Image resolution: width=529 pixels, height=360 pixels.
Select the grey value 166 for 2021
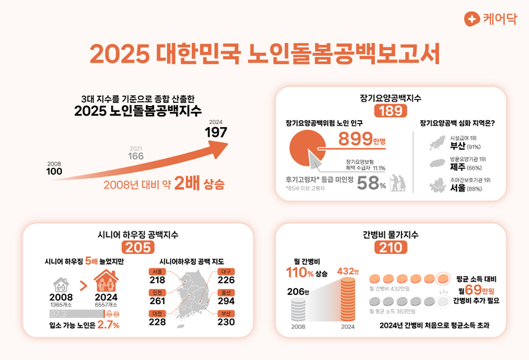(135, 156)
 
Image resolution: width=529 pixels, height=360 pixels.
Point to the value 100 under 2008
(54, 171)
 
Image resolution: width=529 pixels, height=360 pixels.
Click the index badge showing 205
(138, 247)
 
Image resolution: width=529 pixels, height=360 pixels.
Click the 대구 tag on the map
(225, 271)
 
